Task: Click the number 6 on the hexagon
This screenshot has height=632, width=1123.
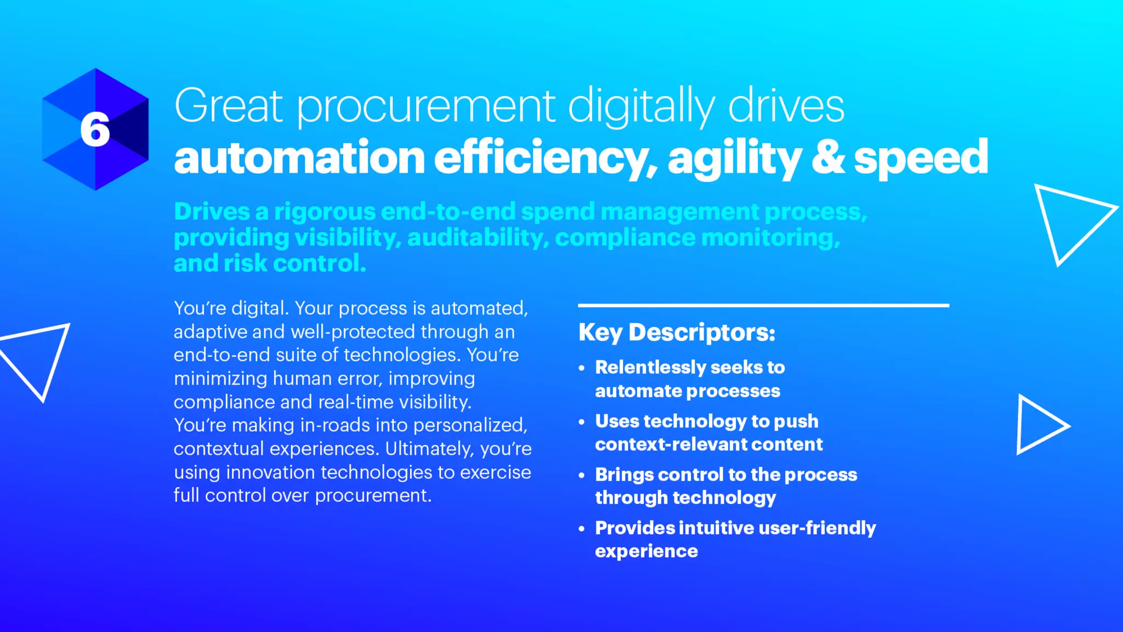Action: click(95, 130)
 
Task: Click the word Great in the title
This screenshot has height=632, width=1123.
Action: click(228, 106)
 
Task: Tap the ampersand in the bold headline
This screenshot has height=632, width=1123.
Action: click(828, 157)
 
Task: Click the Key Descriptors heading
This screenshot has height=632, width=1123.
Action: click(677, 332)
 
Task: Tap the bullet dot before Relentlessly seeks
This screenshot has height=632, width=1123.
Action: click(582, 368)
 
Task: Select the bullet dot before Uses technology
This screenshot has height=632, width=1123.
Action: click(582, 422)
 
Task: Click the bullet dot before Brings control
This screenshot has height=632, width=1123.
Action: click(582, 476)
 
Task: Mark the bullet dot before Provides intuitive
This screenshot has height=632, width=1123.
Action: click(582, 529)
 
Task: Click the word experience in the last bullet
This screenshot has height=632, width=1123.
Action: click(646, 551)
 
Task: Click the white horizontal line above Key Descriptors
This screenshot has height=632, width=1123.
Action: click(763, 305)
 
